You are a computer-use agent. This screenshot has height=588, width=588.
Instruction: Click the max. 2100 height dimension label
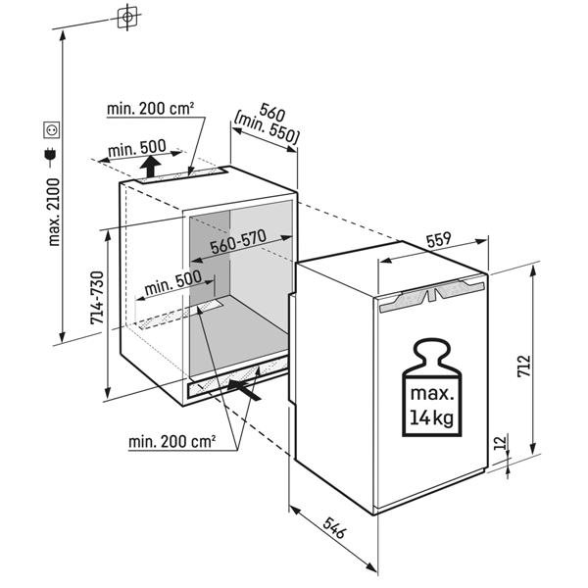(55, 213)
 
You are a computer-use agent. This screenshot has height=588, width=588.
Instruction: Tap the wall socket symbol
(51, 129)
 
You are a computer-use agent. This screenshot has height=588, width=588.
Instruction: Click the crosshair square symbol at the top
(127, 17)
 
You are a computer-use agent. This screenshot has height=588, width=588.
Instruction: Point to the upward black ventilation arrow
(150, 167)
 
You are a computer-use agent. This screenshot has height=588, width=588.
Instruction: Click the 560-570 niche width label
(238, 241)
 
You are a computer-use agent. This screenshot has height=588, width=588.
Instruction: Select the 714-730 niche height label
(97, 297)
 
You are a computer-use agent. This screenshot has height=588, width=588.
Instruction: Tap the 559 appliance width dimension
(438, 239)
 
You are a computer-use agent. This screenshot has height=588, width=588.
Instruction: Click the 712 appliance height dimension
(524, 366)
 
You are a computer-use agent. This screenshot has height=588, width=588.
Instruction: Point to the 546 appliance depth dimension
(335, 527)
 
